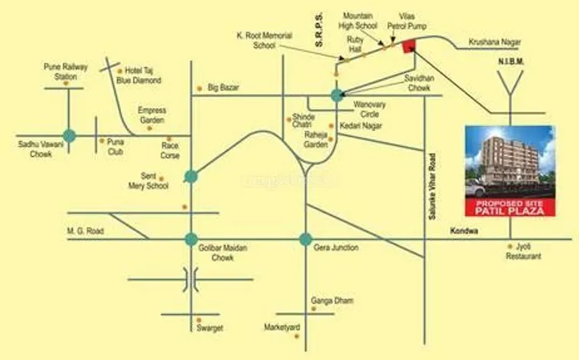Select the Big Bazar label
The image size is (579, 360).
click(x=224, y=88)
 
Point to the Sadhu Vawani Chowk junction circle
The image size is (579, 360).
click(x=69, y=136)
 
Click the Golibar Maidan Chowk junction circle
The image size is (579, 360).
click(x=191, y=239)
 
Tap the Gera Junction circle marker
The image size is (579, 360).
click(x=306, y=239)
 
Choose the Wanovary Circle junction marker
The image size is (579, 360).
click(x=337, y=95)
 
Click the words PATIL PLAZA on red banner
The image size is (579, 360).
click(x=509, y=210)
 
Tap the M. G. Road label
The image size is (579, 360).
click(x=86, y=231)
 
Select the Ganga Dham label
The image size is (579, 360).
click(x=332, y=301)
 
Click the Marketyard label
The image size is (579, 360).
click(x=282, y=327)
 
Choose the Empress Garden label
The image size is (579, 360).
click(x=152, y=115)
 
